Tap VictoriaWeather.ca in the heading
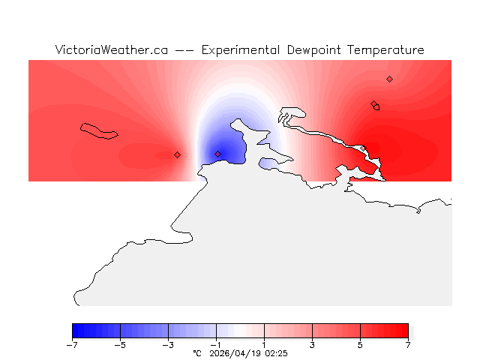[111, 50]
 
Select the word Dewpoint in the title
[316, 50]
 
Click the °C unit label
[197, 352]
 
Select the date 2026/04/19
[235, 352]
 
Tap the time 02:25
[276, 352]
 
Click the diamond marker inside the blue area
[218, 154]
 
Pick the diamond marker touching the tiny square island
[373, 103]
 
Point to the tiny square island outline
[376, 107]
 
